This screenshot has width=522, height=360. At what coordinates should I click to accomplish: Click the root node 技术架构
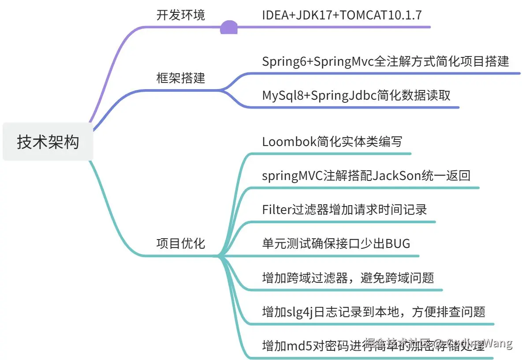pyautogui.click(x=48, y=142)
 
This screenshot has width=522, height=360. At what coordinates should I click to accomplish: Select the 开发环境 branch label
pyautogui.click(x=181, y=15)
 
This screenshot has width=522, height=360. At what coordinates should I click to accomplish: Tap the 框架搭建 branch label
pyautogui.click(x=181, y=78)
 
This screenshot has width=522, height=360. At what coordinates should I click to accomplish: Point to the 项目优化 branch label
pyautogui.click(x=181, y=243)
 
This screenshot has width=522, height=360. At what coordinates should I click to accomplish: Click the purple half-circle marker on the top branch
pyautogui.click(x=229, y=28)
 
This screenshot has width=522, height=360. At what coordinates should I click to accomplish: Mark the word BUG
pyautogui.click(x=398, y=243)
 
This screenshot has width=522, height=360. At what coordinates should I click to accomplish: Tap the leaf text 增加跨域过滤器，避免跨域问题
pyautogui.click(x=348, y=277)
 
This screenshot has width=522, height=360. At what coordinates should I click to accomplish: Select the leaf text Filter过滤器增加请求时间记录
pyautogui.click(x=344, y=209)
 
